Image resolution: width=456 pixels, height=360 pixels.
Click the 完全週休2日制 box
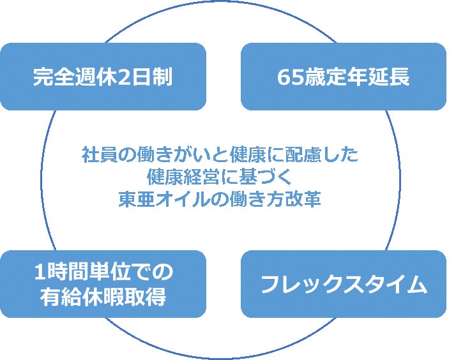click(x=103, y=77)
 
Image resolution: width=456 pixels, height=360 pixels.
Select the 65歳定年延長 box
click(x=343, y=77)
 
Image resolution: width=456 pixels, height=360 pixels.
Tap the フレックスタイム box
click(x=343, y=284)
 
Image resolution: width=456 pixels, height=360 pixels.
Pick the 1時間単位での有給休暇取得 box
click(x=103, y=284)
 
